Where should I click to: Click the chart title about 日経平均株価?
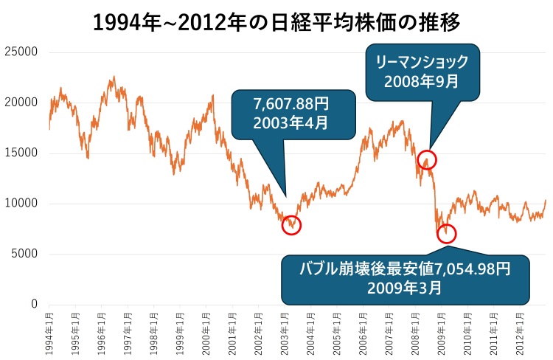click(x=276, y=21)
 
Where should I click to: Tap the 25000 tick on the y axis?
click(x=21, y=52)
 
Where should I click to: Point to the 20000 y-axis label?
click(x=21, y=103)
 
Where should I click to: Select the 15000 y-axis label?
click(x=21, y=153)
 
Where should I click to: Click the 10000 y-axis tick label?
click(x=21, y=204)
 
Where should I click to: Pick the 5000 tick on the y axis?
click(x=24, y=254)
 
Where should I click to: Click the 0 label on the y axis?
click(x=34, y=304)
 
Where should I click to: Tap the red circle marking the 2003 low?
click(x=291, y=224)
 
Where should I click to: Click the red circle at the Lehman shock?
click(x=427, y=159)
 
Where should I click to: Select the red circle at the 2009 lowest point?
click(x=446, y=234)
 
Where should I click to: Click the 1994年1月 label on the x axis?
click(x=48, y=332)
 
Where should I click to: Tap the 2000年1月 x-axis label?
click(x=205, y=332)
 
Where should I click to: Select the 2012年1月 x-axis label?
click(x=519, y=332)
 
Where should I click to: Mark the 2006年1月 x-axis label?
click(x=362, y=332)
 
